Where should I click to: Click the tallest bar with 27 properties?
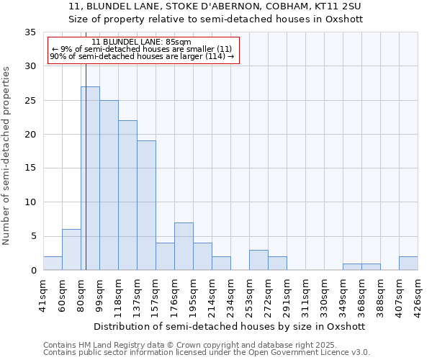[x=90, y=179]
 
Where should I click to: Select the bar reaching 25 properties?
[x=109, y=185]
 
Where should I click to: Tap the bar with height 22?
[x=127, y=195]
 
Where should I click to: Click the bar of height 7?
[x=184, y=246]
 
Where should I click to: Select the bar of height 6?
[x=71, y=250]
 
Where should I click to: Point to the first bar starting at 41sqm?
[x=53, y=264]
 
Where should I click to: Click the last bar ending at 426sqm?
[x=408, y=264]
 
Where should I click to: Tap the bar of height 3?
[x=258, y=260]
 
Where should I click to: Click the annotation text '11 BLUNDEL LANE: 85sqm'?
[x=142, y=42]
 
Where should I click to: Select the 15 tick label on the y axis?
[x=30, y=168]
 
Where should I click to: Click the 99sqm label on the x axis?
[x=99, y=293]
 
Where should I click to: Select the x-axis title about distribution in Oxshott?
[x=230, y=326]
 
